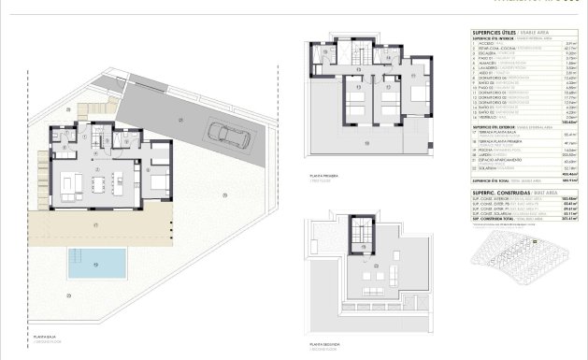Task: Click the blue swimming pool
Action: pyautogui.click(x=97, y=264)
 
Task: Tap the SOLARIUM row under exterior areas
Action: pyautogui.click(x=495, y=167)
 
